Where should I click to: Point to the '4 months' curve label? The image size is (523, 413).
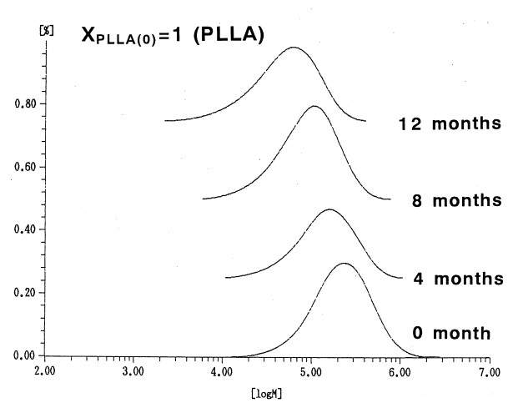click(458, 278)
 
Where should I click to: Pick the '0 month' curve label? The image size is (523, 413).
click(451, 333)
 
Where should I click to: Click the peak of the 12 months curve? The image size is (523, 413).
click(293, 48)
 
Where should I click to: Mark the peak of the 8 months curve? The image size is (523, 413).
click(314, 107)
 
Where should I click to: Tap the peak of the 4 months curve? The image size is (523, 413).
click(330, 209)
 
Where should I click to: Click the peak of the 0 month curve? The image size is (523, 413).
click(344, 264)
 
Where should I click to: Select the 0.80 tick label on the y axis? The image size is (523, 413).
click(24, 104)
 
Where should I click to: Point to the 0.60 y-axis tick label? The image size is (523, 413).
click(24, 167)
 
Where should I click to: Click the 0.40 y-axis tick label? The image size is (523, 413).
click(24, 229)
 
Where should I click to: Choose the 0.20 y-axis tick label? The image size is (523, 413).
click(24, 293)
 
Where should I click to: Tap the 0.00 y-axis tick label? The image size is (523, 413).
click(24, 356)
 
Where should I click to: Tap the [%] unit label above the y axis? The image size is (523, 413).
click(23, 30)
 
